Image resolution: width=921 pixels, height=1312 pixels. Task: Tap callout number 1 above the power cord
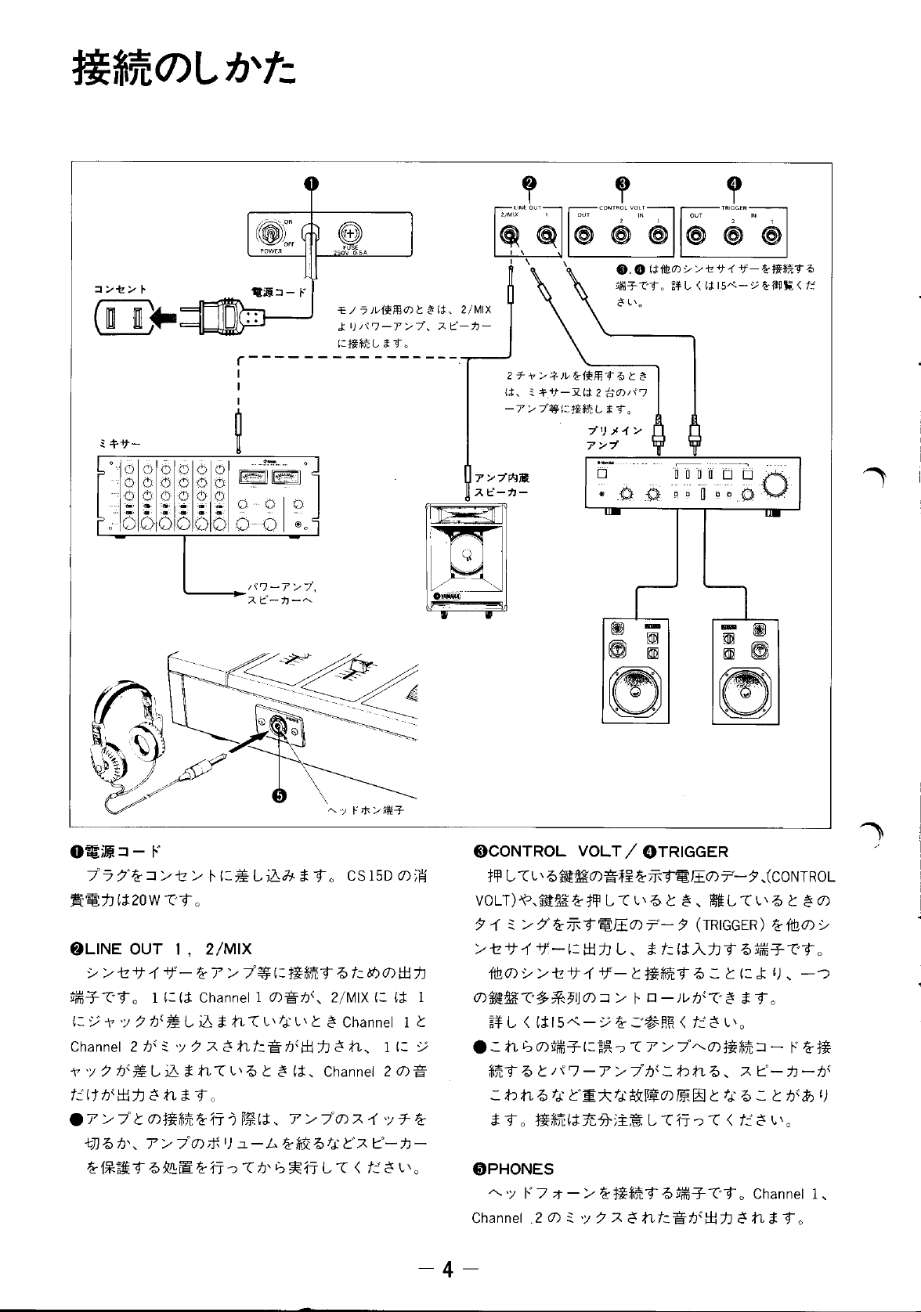click(311, 183)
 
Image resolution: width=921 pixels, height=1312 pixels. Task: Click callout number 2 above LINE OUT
click(529, 183)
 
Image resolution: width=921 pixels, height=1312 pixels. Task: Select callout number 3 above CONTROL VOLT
click(622, 183)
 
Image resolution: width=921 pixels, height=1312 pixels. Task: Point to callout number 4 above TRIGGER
click(733, 183)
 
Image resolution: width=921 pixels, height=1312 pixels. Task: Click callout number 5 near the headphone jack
click(278, 795)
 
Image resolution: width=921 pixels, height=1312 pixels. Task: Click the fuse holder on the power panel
click(348, 232)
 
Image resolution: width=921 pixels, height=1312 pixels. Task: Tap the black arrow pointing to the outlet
click(166, 317)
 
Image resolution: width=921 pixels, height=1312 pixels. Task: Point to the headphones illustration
click(125, 728)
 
